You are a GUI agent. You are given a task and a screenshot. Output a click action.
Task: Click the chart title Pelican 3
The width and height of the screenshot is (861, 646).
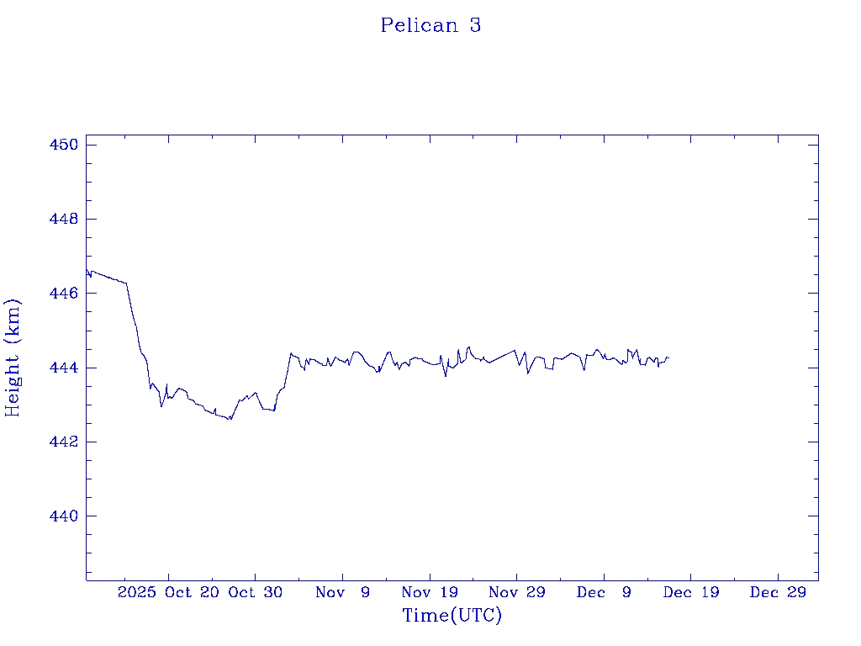(430, 25)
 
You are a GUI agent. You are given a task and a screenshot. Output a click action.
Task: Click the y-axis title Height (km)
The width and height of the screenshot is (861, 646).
(13, 357)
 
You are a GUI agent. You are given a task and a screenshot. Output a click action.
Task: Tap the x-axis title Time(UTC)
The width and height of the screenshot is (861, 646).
(452, 616)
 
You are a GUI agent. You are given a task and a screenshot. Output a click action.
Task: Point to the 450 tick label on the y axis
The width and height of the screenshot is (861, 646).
(64, 145)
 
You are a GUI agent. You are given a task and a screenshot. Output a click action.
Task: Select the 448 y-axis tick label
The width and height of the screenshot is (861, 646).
(64, 219)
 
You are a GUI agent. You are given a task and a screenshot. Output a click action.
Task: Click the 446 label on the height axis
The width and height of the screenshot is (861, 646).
(64, 293)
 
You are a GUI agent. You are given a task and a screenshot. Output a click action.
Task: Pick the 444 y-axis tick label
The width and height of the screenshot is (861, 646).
(64, 368)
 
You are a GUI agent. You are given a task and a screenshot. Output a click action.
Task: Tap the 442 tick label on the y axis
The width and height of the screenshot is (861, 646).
(64, 442)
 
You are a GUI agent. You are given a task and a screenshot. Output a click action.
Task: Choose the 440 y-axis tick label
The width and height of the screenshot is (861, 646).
(64, 516)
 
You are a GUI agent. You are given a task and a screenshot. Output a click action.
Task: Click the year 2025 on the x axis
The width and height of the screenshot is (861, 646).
(137, 592)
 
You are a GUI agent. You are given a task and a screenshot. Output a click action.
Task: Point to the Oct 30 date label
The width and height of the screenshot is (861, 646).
(255, 592)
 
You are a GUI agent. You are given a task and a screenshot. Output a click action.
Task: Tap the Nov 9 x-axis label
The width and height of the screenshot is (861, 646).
(342, 592)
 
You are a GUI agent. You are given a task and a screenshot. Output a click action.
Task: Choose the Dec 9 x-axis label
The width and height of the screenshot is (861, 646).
(604, 592)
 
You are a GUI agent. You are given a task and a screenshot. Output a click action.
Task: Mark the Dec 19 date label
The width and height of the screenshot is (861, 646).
(690, 592)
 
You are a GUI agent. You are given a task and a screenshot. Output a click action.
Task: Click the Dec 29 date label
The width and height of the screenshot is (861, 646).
(778, 592)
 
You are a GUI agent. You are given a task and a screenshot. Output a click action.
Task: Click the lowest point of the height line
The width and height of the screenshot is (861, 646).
(230, 420)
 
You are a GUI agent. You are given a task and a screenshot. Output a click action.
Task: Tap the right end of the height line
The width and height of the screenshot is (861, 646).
(668, 357)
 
